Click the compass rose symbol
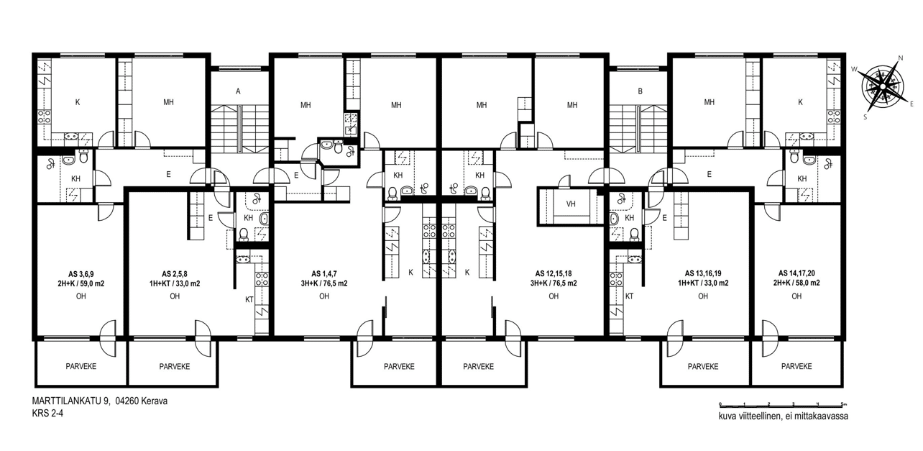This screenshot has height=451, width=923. (x=883, y=86)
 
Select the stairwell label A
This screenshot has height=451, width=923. (x=238, y=91)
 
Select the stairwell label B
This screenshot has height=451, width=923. (x=640, y=91)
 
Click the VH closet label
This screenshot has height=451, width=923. (x=571, y=204)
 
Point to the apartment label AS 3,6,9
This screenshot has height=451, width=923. (x=81, y=274)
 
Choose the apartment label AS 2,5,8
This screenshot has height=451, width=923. (x=175, y=274)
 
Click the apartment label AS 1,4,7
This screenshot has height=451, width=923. (x=324, y=274)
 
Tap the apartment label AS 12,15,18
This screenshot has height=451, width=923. (x=554, y=274)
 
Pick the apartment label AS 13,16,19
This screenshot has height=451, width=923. (x=703, y=273)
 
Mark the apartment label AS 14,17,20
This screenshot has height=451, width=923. (x=796, y=273)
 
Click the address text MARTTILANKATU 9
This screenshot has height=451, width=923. (x=71, y=401)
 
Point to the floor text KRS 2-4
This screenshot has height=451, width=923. (x=47, y=414)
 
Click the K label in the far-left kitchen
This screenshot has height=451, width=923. (x=78, y=102)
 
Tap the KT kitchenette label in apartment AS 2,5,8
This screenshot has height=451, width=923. (x=249, y=300)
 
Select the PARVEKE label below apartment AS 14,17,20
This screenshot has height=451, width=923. (x=796, y=366)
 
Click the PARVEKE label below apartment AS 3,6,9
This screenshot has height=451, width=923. (x=81, y=366)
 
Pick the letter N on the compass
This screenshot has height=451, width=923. (x=900, y=58)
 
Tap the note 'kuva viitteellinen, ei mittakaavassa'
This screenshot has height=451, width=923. (x=784, y=416)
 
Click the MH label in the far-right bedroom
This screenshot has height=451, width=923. (x=710, y=102)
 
